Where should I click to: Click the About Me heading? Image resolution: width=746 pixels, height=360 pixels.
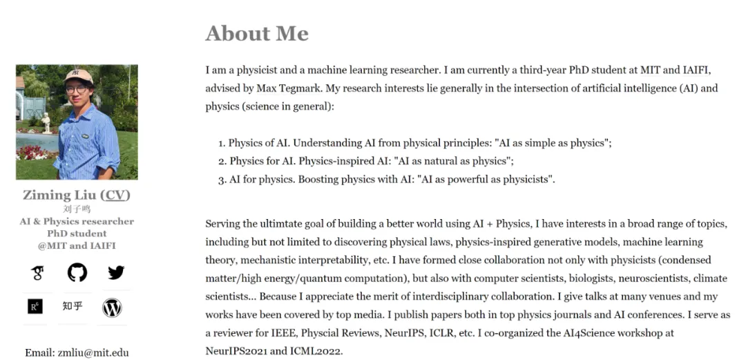coord(257,33)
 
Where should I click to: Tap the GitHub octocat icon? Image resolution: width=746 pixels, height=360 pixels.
coord(77,272)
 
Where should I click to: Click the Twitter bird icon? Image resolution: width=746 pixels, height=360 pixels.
coord(116,272)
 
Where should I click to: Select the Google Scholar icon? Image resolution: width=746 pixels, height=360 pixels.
coord(37,273)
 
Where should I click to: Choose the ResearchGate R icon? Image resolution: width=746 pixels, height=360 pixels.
coord(35,306)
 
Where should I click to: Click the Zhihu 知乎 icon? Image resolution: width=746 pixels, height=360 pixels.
coord(73,305)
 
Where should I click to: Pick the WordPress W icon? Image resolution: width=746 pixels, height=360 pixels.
coord(112,307)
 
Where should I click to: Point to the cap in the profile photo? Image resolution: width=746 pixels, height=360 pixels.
coord(79,75)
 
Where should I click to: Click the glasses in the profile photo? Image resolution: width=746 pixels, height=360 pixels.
coord(76,89)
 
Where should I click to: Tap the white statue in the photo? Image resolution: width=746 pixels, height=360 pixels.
coord(46,122)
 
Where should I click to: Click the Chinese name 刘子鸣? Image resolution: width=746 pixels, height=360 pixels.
coord(77,209)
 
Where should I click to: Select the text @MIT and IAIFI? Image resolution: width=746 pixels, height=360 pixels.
coord(77,245)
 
